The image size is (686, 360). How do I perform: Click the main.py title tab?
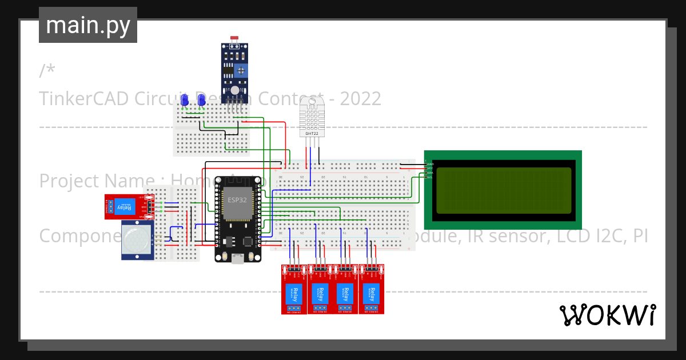(88, 25)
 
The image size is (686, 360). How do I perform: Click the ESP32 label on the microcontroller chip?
(238, 200)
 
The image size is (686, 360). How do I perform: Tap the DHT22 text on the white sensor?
(312, 133)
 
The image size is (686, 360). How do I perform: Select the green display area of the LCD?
(503, 190)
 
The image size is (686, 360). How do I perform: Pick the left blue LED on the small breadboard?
(185, 100)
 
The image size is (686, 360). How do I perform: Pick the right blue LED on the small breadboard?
(201, 100)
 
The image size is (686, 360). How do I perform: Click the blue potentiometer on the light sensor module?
(241, 71)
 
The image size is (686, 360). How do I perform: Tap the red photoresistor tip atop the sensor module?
(234, 38)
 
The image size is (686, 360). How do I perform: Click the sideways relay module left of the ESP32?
(129, 207)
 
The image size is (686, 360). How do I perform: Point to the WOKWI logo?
(607, 315)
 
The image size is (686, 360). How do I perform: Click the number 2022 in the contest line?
(360, 99)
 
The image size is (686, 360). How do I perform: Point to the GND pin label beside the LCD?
(429, 164)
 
